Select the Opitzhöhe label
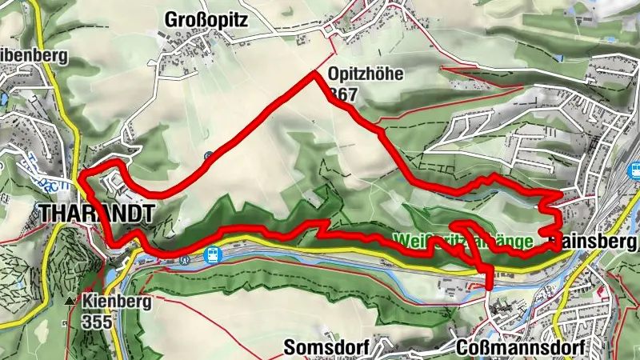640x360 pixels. tap(366, 76)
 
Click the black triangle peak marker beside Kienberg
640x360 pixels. tap(70, 302)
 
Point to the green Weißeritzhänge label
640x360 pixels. tap(463, 240)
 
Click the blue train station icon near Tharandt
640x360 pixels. tap(212, 255)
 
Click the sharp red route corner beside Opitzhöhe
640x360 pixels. tap(314, 74)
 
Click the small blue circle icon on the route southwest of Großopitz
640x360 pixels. tap(209, 156)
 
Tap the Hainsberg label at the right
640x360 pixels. tap(595, 241)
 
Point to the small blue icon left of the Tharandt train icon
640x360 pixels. tap(186, 258)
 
